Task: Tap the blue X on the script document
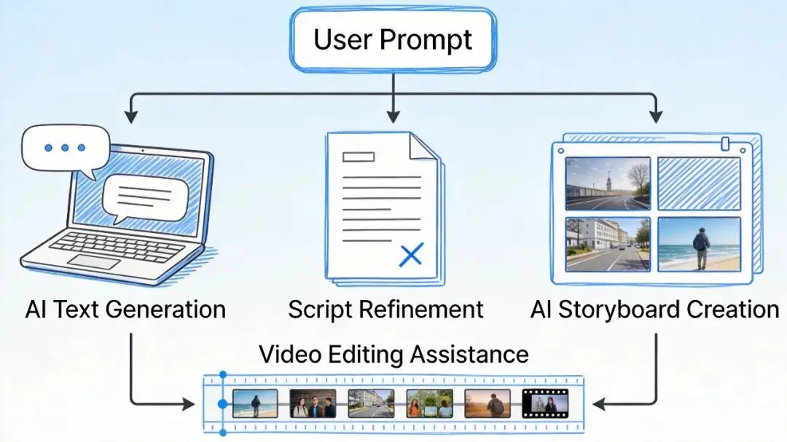412,254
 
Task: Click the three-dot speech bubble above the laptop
66,148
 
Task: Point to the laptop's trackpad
93,261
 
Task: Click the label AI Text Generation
125,309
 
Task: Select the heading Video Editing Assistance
393,355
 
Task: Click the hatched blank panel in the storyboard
699,183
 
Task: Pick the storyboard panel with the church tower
608,183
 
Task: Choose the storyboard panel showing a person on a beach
699,243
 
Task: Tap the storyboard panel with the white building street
608,243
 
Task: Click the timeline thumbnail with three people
313,403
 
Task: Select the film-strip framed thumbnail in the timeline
544,403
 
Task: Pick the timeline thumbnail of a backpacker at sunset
488,403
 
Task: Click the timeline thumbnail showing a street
371,403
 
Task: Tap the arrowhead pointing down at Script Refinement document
393,117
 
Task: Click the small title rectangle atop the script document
359,156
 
